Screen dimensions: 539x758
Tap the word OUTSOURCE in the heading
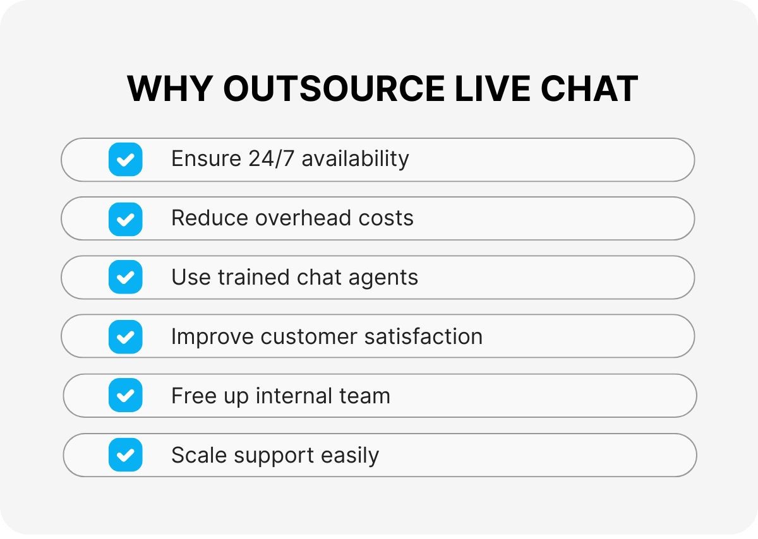(x=334, y=88)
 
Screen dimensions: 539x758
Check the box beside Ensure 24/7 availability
(x=125, y=159)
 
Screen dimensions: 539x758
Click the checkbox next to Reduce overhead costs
(x=125, y=218)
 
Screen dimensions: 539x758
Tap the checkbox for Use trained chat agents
(x=125, y=278)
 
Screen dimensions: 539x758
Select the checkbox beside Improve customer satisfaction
(x=125, y=336)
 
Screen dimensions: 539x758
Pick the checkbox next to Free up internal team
(x=125, y=396)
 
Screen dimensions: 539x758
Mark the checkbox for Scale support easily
(x=125, y=455)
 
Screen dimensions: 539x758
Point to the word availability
(x=355, y=158)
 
